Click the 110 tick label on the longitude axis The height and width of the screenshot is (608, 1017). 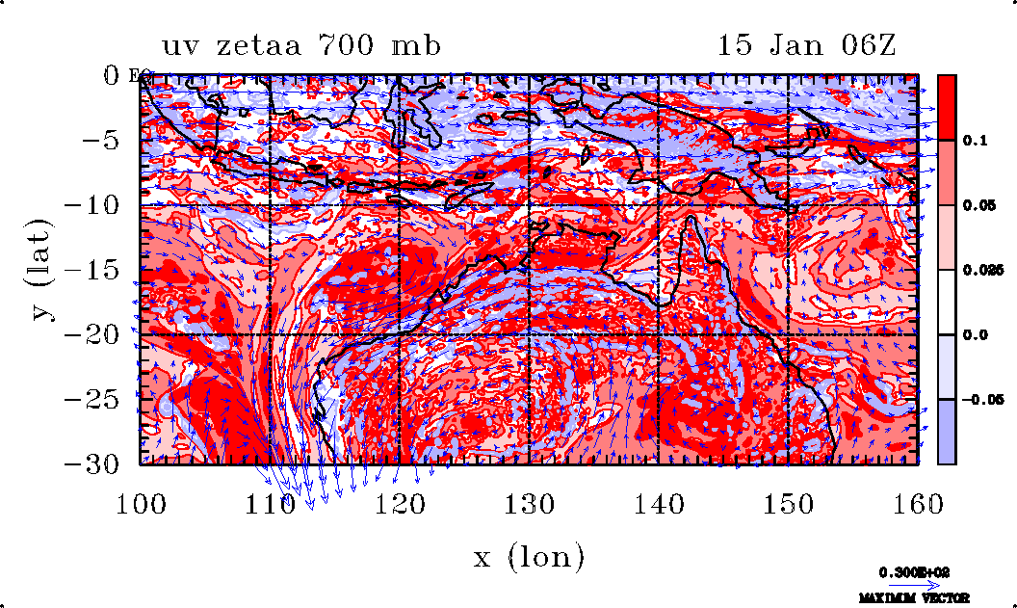pyautogui.click(x=270, y=503)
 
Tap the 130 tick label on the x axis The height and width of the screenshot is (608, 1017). pyautogui.click(x=530, y=503)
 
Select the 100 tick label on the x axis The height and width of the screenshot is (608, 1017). pyautogui.click(x=142, y=503)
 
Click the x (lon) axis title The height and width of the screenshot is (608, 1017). pyautogui.click(x=529, y=556)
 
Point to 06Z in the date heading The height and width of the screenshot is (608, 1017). pyautogui.click(x=859, y=45)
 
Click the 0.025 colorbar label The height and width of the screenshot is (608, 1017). pyautogui.click(x=977, y=271)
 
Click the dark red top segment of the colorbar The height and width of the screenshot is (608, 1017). pyautogui.click(x=947, y=106)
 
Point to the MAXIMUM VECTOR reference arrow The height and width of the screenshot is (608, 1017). pyautogui.click(x=908, y=585)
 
